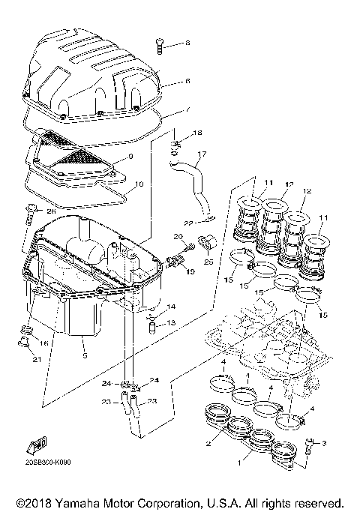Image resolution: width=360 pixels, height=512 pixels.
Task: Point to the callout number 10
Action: (139, 183)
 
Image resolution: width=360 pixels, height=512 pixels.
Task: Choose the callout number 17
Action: (200, 158)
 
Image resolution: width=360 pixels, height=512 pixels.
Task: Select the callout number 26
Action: (52, 212)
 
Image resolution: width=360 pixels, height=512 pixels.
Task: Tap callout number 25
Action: (208, 262)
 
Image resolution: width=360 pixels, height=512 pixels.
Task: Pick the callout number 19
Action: (190, 271)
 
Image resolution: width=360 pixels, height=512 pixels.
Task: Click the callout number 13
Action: (171, 323)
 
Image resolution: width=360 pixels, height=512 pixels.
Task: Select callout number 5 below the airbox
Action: (85, 355)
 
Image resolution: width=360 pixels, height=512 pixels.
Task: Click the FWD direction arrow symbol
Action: (34, 448)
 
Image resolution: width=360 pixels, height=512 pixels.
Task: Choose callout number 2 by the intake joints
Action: (199, 444)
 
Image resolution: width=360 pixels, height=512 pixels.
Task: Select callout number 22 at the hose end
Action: (189, 223)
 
